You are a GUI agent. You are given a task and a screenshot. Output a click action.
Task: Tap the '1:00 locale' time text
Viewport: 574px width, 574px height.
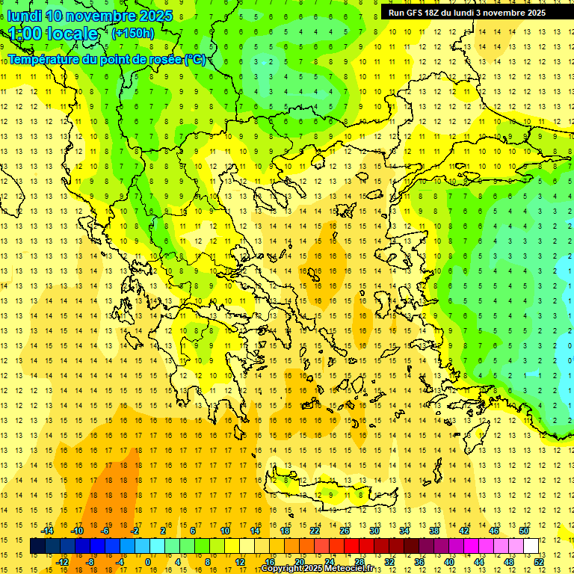(53, 34)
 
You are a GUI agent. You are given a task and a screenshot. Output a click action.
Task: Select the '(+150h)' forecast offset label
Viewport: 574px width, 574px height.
(132, 33)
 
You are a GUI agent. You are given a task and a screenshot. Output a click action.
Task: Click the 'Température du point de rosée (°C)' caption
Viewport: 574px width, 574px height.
(106, 59)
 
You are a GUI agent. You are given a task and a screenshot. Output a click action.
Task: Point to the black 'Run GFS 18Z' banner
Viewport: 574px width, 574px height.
(467, 13)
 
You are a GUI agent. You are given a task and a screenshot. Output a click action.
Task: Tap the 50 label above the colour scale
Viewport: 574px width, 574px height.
(524, 531)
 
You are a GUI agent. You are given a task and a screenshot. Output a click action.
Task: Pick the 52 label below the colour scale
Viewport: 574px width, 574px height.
(539, 561)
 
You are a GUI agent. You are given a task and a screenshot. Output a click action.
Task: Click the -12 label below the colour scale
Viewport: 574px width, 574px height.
(62, 561)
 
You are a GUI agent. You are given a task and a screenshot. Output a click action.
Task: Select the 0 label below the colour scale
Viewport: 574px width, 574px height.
(148, 561)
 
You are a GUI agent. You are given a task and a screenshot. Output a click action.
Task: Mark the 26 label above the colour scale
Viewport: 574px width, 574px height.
(345, 531)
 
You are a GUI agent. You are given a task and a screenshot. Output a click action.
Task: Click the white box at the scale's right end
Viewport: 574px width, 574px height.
(531, 546)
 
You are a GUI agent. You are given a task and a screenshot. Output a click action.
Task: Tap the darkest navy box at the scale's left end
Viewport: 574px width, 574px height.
(37, 546)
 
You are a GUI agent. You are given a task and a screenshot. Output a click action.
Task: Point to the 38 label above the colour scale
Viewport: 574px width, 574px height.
(434, 531)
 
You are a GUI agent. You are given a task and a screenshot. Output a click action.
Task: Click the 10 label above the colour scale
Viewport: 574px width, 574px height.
(225, 531)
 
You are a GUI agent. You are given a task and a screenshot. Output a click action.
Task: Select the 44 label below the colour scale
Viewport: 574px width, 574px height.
(479, 561)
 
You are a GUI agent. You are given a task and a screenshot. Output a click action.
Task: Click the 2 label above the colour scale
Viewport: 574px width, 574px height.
(164, 531)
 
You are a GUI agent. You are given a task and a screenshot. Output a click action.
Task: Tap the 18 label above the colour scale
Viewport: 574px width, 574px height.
(285, 531)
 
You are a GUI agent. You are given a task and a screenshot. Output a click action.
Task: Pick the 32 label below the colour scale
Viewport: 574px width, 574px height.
(389, 561)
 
